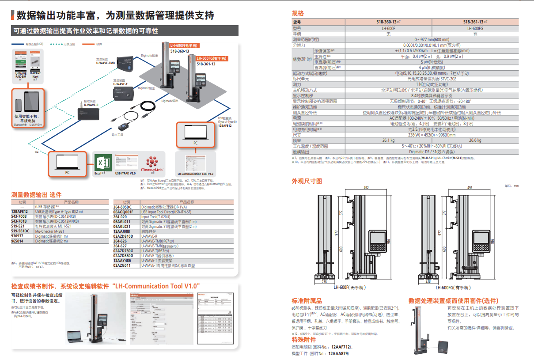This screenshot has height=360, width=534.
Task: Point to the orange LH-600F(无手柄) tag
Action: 185,46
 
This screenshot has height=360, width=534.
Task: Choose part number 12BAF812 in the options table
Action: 20,212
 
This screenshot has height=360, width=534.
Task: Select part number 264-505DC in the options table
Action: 122,207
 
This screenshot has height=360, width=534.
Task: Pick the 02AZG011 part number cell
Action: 122,265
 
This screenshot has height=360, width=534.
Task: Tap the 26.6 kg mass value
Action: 475,140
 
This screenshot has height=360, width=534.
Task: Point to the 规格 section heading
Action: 298,13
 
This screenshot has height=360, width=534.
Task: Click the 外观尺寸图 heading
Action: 307,181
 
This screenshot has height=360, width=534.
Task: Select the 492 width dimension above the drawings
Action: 366,188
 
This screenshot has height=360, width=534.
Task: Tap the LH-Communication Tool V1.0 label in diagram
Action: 195,174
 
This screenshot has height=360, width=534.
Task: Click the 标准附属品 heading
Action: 307,300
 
